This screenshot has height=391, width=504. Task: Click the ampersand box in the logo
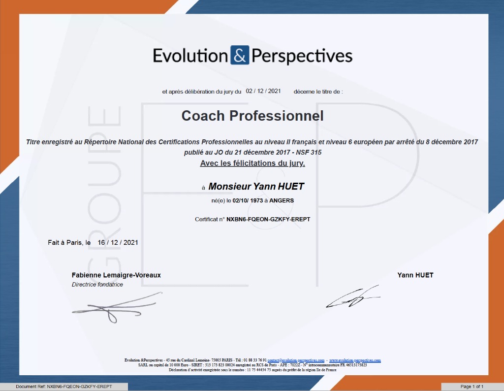click(240, 55)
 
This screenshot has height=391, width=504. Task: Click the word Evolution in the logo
click(190, 56)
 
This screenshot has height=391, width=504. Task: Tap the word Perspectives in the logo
click(302, 57)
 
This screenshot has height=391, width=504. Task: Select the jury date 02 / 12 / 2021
click(263, 91)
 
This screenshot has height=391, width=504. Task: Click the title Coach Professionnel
click(252, 116)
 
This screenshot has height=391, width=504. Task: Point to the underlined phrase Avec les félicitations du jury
click(252, 163)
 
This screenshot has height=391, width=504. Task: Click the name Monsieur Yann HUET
click(256, 187)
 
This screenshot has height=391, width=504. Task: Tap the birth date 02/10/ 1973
click(248, 200)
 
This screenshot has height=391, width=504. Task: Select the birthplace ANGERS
click(282, 200)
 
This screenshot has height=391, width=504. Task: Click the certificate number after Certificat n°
click(268, 219)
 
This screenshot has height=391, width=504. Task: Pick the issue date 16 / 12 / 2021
click(118, 242)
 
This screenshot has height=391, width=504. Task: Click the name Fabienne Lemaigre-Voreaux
click(116, 275)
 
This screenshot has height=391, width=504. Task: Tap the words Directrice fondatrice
click(97, 285)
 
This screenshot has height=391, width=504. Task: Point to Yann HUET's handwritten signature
click(353, 296)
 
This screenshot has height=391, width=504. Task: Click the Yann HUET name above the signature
click(415, 275)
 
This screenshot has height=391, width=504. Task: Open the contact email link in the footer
click(296, 360)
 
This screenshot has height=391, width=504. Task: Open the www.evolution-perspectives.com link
click(355, 360)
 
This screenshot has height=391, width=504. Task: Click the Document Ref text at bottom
click(64, 387)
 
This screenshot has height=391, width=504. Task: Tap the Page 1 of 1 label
click(472, 387)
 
